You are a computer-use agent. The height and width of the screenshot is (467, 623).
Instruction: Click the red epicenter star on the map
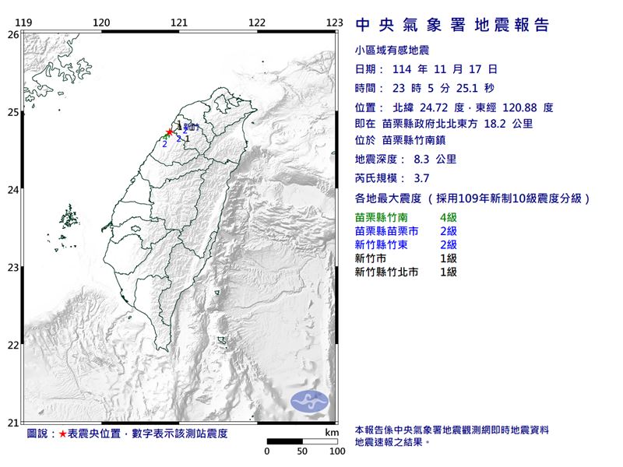[x=170, y=132]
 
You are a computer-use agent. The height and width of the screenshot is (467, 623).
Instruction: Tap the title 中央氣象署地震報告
[x=452, y=26]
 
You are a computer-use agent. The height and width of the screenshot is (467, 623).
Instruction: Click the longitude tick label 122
[x=258, y=23]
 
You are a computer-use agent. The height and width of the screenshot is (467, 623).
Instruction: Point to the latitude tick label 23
[x=13, y=268]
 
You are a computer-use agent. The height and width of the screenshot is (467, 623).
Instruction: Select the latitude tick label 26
[x=13, y=34]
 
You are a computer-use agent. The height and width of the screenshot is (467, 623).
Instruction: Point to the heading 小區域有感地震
[x=392, y=51]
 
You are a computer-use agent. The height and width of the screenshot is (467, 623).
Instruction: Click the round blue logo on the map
[x=309, y=402]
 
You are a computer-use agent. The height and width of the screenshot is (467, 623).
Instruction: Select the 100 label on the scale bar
[x=336, y=451]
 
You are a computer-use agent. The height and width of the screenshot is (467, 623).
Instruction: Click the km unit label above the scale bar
[x=333, y=432]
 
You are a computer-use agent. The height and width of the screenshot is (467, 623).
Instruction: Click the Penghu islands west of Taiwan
[x=69, y=216]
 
